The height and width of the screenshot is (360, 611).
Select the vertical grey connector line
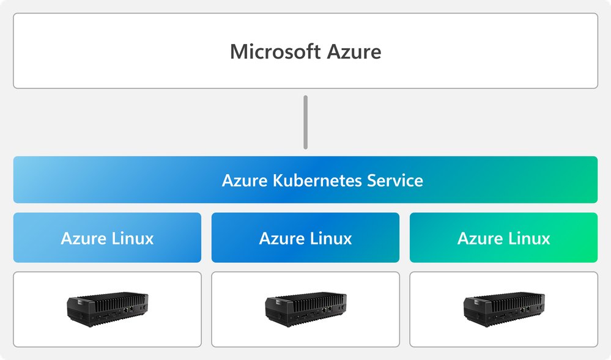coord(305,122)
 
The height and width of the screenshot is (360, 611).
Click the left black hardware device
coord(107,309)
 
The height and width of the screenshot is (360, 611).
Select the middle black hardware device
coord(305,309)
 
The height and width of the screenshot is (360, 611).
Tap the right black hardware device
coord(503,309)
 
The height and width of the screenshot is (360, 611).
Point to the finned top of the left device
coord(113,299)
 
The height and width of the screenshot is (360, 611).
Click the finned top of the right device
coord(509,299)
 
